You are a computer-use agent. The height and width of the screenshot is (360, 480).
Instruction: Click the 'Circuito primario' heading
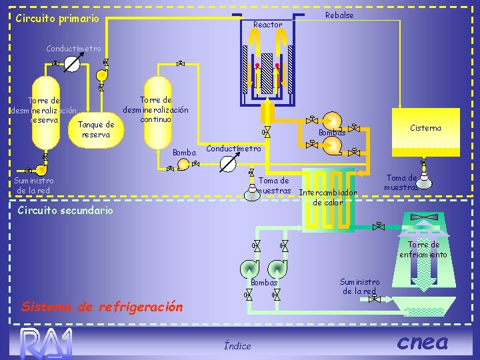pos(57,18)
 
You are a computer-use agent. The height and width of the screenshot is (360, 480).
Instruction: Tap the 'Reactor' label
pos(268,25)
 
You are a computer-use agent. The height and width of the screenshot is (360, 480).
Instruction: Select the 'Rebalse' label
pos(339,15)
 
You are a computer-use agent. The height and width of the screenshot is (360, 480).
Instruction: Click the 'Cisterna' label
pos(425,128)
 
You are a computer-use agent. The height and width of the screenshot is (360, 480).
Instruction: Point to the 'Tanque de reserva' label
pos(96,129)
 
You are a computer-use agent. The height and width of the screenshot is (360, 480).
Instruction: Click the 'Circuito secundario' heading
pos(57,210)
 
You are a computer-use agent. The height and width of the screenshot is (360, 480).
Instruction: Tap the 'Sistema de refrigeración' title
pos(102,307)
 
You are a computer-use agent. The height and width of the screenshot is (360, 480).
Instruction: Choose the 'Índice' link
pos(237,345)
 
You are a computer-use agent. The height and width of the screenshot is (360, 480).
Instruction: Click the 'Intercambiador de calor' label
pos(328,197)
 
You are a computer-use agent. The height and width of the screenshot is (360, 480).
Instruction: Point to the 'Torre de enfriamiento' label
pos(423,249)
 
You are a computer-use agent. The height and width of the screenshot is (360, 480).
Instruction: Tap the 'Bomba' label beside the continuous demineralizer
pos(184,153)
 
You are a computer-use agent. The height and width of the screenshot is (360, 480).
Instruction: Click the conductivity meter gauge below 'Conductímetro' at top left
pos(74,64)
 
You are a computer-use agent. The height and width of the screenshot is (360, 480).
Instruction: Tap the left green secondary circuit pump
pos(249,267)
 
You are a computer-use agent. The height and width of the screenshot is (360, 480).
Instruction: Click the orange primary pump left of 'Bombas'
pos(329,120)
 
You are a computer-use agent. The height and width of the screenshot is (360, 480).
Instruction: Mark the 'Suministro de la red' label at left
pos(35,185)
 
